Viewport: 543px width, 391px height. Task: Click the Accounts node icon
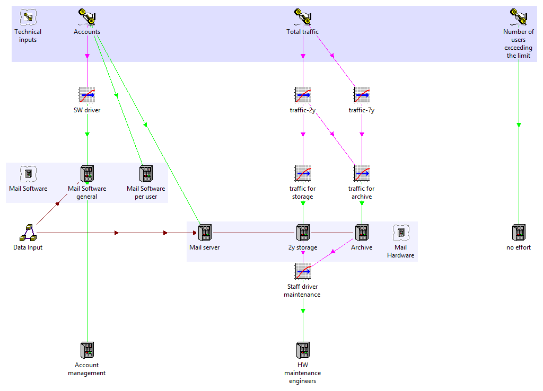[87, 17]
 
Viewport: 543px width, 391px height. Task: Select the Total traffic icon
[303, 17]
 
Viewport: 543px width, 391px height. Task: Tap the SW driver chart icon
[87, 95]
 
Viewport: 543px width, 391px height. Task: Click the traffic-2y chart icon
[303, 95]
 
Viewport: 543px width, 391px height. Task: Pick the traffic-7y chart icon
[362, 95]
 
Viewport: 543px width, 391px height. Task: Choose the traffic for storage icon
[303, 173]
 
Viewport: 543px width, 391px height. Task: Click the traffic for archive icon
[362, 173]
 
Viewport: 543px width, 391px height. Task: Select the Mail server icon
[205, 233]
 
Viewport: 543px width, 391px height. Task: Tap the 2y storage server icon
[303, 233]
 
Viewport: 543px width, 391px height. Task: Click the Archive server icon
[362, 233]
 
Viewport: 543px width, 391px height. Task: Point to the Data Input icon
[28, 232]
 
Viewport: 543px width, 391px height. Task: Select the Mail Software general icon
[87, 174]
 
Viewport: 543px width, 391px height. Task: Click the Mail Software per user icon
[146, 174]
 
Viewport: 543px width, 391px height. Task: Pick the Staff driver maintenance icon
[303, 271]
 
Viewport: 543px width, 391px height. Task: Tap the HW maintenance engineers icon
[303, 350]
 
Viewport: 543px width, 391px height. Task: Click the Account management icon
[87, 350]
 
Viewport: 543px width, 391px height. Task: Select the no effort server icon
[519, 233]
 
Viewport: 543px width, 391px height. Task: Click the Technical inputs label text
[28, 35]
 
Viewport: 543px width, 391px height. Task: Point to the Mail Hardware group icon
[401, 232]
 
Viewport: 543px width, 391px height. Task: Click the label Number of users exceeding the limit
[519, 43]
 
